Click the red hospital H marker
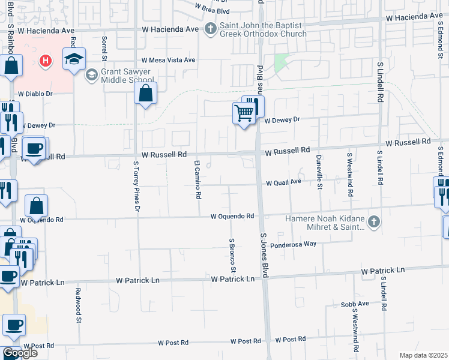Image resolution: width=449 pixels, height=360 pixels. tap(44, 61)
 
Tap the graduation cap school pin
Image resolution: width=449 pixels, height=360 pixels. tap(74, 59)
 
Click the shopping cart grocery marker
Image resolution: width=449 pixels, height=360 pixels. tap(244, 112)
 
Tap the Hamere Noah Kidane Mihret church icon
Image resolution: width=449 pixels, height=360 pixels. tap(374, 223)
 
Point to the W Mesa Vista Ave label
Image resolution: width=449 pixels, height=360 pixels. tap(169, 60)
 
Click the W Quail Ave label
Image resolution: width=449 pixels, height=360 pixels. tap(283, 182)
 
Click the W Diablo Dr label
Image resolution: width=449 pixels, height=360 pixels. tap(35, 94)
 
